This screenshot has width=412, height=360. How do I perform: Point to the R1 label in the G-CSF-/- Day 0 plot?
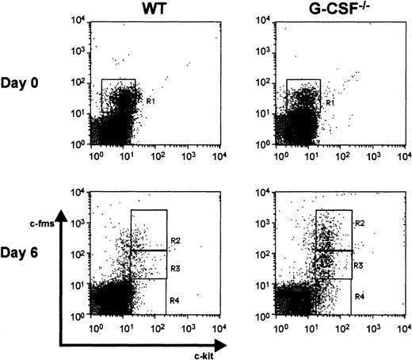click(331, 102)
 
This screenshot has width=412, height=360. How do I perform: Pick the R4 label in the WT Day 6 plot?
click(174, 296)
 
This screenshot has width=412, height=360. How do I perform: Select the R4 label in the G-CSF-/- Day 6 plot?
click(359, 295)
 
